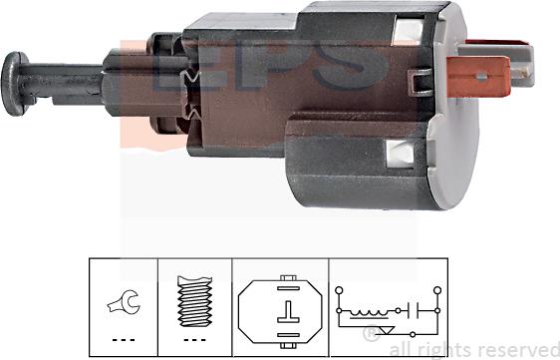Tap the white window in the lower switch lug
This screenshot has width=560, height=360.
(399, 153)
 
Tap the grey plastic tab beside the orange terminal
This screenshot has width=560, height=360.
(524, 68)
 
